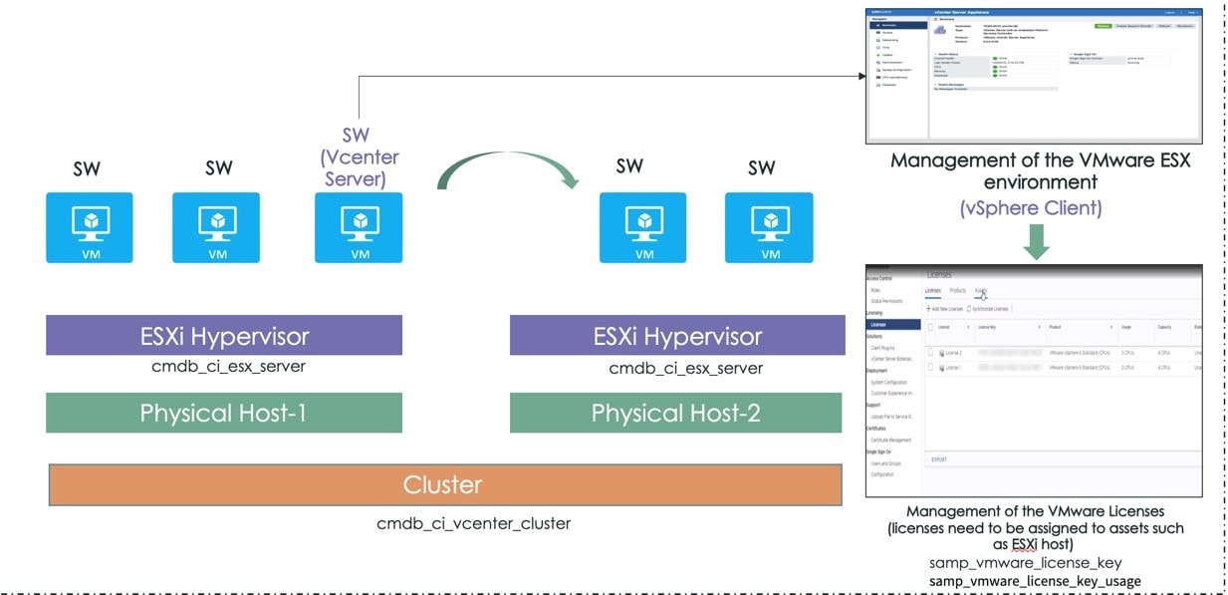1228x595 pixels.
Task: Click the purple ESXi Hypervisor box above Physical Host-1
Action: click(x=224, y=336)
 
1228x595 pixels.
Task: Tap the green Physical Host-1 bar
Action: click(x=224, y=413)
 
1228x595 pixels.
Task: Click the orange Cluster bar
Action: click(x=442, y=485)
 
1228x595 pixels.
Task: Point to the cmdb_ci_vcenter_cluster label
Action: click(x=473, y=523)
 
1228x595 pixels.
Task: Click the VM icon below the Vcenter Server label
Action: click(x=359, y=228)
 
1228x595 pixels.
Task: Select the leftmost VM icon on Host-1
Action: click(x=90, y=228)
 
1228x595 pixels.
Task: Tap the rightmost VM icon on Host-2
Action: click(x=769, y=228)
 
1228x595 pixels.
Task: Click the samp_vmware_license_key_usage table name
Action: click(x=1035, y=581)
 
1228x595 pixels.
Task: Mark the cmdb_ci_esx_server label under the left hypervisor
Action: click(x=224, y=367)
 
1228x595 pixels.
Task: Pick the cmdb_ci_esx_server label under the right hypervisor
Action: click(x=686, y=369)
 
